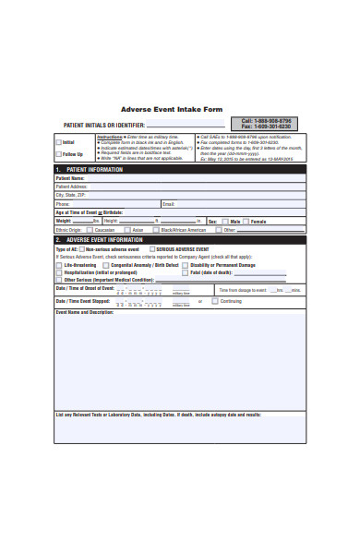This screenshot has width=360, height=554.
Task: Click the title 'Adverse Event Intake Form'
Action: (x=172, y=110)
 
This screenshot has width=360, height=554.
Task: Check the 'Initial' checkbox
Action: (x=58, y=142)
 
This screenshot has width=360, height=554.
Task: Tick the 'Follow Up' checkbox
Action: (x=58, y=154)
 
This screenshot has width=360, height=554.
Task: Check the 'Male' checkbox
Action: (x=224, y=222)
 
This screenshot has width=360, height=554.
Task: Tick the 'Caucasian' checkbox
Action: (x=90, y=230)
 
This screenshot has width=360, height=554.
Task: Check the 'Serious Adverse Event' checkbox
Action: (x=151, y=249)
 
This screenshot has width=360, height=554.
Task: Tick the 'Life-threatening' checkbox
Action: (x=58, y=265)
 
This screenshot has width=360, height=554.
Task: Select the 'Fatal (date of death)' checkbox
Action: (x=185, y=272)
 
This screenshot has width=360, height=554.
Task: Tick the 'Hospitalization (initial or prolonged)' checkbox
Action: (x=58, y=272)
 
